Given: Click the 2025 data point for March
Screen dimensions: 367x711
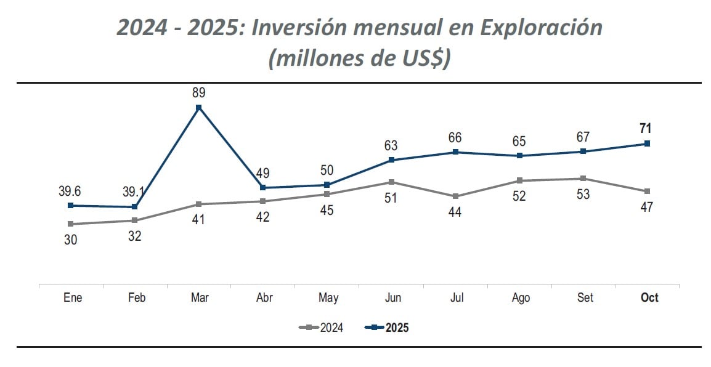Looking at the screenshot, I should [x=198, y=108].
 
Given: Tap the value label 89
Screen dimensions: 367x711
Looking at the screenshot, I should [x=198, y=93].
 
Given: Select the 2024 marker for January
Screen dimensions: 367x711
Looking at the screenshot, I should [x=70, y=224].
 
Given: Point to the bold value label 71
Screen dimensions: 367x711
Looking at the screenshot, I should [x=646, y=129].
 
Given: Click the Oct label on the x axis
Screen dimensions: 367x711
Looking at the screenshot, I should [x=649, y=298].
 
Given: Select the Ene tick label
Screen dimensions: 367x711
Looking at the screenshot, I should [x=73, y=298].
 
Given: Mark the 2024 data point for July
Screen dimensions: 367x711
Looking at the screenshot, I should [x=455, y=196].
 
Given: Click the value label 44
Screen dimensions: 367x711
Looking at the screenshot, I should [x=455, y=212].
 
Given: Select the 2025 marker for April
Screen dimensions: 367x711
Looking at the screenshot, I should [x=263, y=188].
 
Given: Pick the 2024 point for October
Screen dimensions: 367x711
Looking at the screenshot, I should [x=647, y=192].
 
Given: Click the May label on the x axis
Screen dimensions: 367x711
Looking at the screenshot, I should [x=328, y=298].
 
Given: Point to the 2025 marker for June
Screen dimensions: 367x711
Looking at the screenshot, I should [x=391, y=160].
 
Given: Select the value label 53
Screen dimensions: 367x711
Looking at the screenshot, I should [x=583, y=195].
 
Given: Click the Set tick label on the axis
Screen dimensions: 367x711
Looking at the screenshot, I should [x=585, y=298].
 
